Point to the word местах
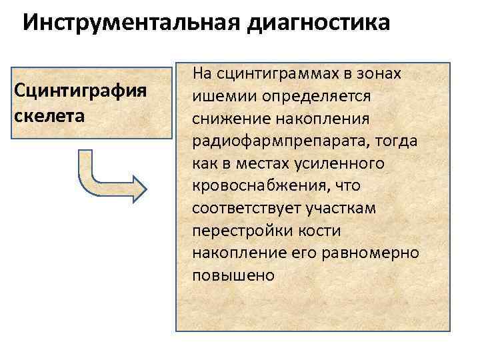tap(262, 163)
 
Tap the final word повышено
tap(233, 275)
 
